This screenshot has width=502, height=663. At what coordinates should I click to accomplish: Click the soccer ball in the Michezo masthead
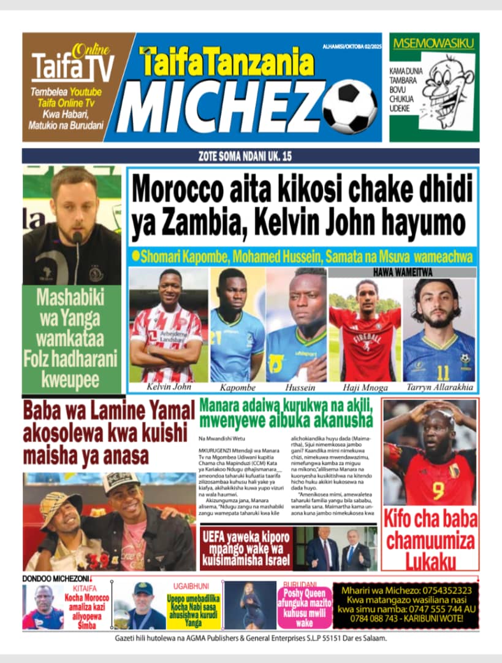[349, 107]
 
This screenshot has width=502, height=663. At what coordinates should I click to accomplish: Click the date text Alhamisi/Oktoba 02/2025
[351, 46]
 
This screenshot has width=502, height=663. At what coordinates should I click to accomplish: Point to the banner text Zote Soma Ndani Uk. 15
[251, 156]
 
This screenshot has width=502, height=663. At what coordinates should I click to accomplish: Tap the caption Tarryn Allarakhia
[439, 387]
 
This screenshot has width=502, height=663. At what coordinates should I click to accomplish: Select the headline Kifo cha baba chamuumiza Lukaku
[430, 540]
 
